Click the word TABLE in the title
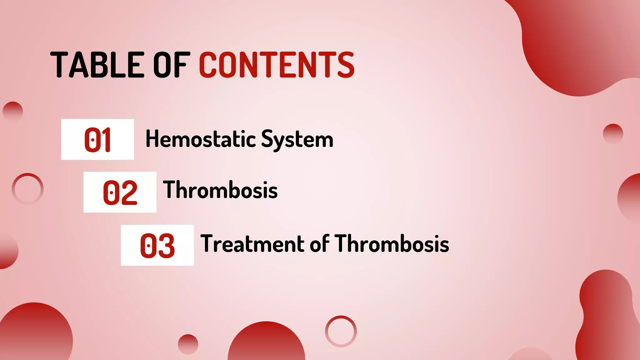pyautogui.click(x=97, y=65)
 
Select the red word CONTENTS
pyautogui.click(x=277, y=65)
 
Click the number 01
pyautogui.click(x=97, y=140)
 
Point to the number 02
pyautogui.click(x=120, y=192)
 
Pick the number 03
pyautogui.click(x=157, y=246)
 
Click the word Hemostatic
pyautogui.click(x=200, y=139)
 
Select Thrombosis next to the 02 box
pyautogui.click(x=220, y=190)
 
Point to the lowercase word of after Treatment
pyautogui.click(x=320, y=243)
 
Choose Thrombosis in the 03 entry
pyautogui.click(x=392, y=243)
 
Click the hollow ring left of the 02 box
pyautogui.click(x=27, y=189)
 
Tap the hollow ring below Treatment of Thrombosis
pyautogui.click(x=341, y=331)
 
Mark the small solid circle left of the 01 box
pyautogui.click(x=13, y=111)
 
